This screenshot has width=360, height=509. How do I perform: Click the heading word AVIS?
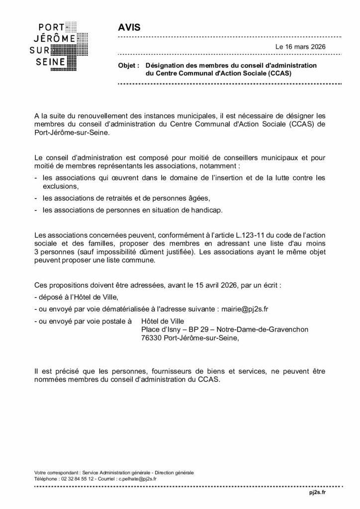coord(130,27)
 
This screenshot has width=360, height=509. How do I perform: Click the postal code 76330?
coord(152,338)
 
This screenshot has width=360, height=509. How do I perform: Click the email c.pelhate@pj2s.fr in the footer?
coord(137,479)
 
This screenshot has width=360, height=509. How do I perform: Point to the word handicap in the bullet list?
coord(206,210)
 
